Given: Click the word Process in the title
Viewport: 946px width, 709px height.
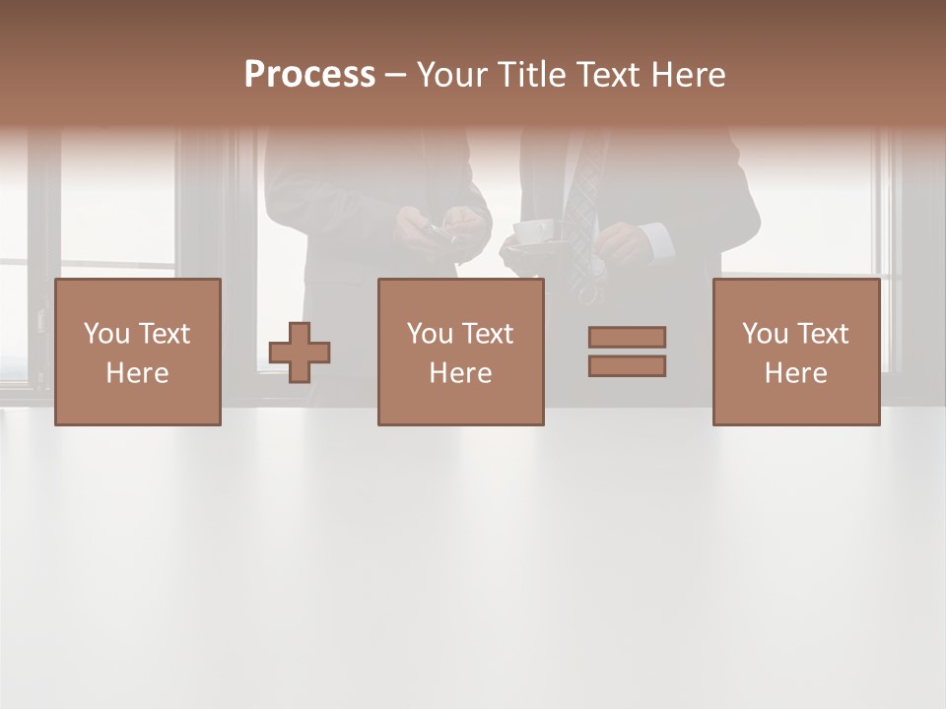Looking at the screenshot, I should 309,75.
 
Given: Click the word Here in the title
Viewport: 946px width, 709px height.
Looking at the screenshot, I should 691,75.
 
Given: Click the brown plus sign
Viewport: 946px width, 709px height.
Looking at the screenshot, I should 300,353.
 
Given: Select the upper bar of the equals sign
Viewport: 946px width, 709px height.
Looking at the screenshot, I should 627,337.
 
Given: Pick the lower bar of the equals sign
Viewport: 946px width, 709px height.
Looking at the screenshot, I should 627,366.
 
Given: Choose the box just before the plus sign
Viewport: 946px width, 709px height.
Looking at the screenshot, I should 137,353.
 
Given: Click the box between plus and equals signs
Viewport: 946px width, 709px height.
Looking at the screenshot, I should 460,353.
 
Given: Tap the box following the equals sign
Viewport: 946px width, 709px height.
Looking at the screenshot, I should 796,353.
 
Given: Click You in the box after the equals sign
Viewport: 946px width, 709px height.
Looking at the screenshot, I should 765,334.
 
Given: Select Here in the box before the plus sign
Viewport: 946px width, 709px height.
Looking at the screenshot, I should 137,373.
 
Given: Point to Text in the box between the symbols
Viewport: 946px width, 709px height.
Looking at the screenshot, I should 489,334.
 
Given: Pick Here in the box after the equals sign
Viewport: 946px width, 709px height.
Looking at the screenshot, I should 796,373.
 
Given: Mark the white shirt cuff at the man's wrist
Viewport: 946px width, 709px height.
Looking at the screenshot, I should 656,239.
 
